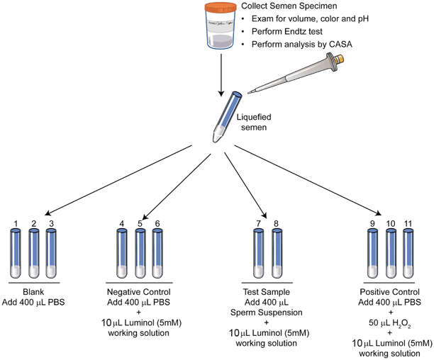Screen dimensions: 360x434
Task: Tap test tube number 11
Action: point(408,256)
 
